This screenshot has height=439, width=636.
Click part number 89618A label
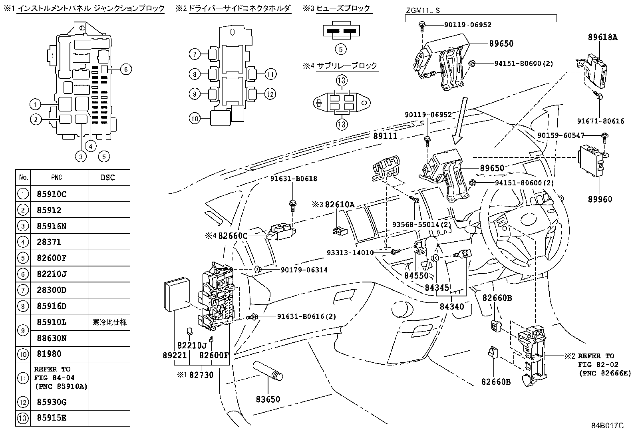point(602,37)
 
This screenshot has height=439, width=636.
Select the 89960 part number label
point(600,199)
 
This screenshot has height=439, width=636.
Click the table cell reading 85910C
point(52,194)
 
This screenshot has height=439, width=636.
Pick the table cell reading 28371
point(49,242)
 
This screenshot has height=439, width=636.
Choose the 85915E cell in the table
point(52,418)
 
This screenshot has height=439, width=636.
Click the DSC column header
point(107,177)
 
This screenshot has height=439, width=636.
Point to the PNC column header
point(57,177)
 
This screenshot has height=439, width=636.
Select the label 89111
point(386,136)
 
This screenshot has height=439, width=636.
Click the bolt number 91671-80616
point(600,121)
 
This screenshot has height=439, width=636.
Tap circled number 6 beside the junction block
point(125,70)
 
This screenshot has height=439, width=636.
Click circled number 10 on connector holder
point(195,118)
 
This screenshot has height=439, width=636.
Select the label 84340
point(452,307)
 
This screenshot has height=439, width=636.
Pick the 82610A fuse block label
point(340,205)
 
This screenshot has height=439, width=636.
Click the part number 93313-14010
point(350,252)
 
